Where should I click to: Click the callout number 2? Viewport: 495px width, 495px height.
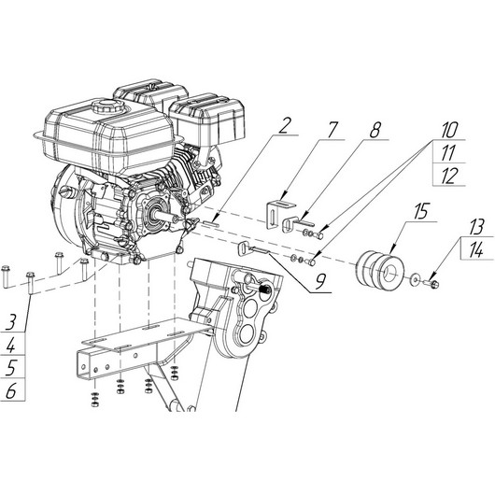(x=284, y=126)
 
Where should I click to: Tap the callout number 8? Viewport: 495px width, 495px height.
(x=375, y=130)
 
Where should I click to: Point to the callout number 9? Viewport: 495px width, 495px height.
(x=320, y=282)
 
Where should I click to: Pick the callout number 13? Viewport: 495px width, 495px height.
(x=476, y=227)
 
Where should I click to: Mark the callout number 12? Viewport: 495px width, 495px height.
(x=449, y=176)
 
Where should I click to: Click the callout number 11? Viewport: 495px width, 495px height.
(x=448, y=153)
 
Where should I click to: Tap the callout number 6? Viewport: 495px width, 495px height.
(x=10, y=391)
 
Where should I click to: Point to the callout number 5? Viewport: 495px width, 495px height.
(x=11, y=368)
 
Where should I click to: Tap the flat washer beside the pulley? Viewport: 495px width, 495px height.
(x=414, y=279)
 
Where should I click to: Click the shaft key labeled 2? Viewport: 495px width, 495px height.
(x=210, y=223)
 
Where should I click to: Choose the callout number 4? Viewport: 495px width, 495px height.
(x=10, y=345)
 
